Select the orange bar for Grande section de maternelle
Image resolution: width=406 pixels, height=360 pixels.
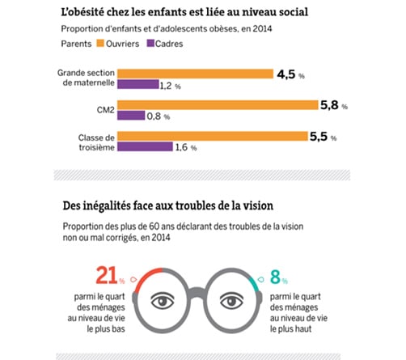pyautogui.click(x=194, y=74)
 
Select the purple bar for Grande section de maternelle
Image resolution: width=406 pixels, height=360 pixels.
pyautogui.click(x=137, y=85)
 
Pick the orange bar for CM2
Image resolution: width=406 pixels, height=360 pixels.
pyautogui.click(x=214, y=104)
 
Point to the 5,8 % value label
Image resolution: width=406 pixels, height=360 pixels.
pyautogui.click(x=332, y=105)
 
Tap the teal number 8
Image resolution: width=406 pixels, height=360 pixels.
pyautogui.click(x=274, y=277)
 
